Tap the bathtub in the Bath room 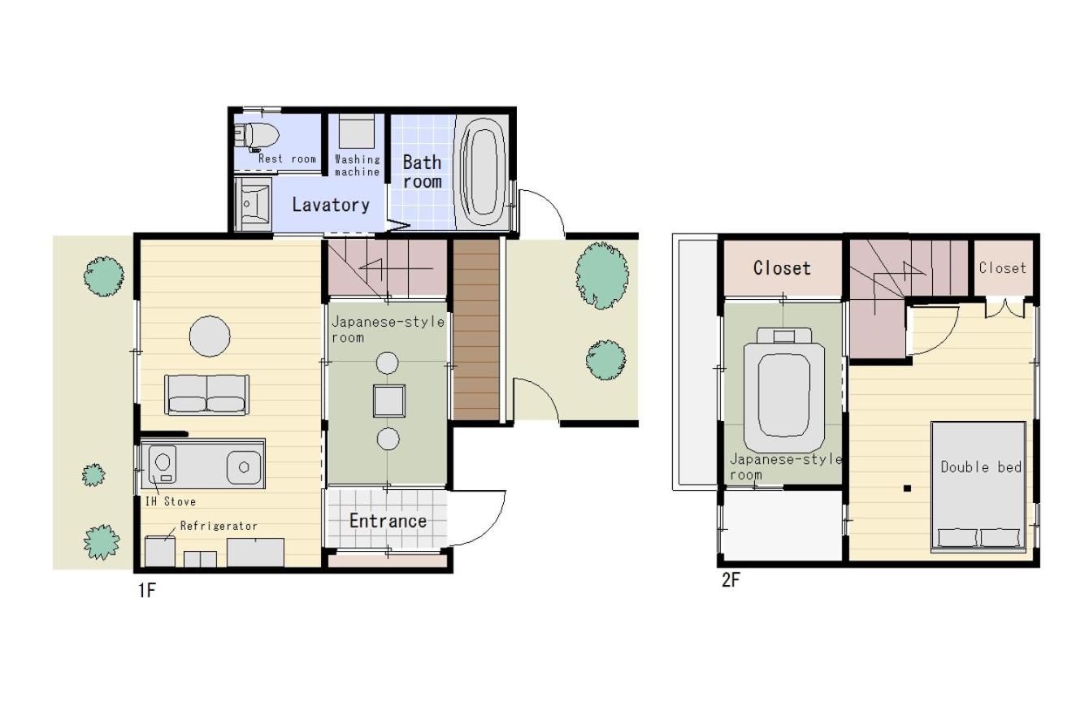pyautogui.click(x=481, y=171)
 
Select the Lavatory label pyautogui.click(x=331, y=206)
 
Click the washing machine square pyautogui.click(x=356, y=132)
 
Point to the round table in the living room pyautogui.click(x=210, y=336)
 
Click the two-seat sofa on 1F pyautogui.click(x=206, y=395)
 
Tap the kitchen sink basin pyautogui.click(x=244, y=467)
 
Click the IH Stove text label pyautogui.click(x=170, y=501)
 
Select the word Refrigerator pyautogui.click(x=219, y=526)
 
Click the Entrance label pyautogui.click(x=388, y=521)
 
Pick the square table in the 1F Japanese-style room pyautogui.click(x=389, y=401)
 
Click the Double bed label pyautogui.click(x=981, y=467)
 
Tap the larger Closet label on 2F pyautogui.click(x=783, y=268)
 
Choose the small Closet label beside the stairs pyautogui.click(x=1003, y=268)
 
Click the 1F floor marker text pyautogui.click(x=146, y=591)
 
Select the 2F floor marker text pyautogui.click(x=731, y=580)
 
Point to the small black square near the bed pyautogui.click(x=907, y=488)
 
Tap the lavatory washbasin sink pyautogui.click(x=253, y=204)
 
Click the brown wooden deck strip pyautogui.click(x=476, y=330)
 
